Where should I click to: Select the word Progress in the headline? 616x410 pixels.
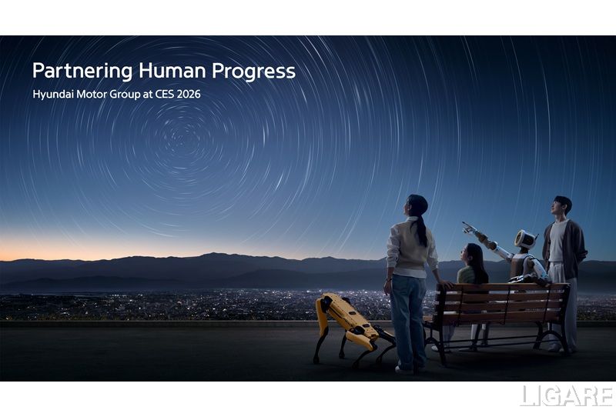click(x=254, y=72)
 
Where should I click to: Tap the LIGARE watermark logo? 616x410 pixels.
click(x=566, y=396)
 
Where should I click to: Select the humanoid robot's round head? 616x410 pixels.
click(x=525, y=239)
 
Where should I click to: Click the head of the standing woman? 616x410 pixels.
click(x=416, y=205)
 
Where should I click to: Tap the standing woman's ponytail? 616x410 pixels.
click(x=422, y=231)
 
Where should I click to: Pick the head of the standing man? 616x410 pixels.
click(x=562, y=206)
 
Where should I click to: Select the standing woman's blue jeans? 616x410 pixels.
click(x=408, y=319)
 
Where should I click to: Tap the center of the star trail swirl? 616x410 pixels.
click(x=182, y=138)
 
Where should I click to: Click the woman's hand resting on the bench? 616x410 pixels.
click(x=445, y=285)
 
